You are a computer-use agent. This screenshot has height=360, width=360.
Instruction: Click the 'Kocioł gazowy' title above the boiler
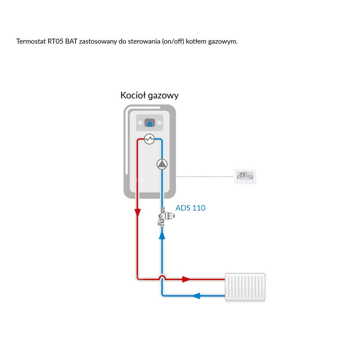[x=149, y=96]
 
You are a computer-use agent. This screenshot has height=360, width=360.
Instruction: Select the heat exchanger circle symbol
[x=149, y=139]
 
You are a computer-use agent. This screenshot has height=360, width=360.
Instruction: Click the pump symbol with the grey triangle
[x=162, y=164]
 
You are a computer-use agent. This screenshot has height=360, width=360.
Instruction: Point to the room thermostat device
[x=245, y=176]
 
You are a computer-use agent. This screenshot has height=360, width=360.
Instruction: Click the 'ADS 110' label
[x=190, y=208]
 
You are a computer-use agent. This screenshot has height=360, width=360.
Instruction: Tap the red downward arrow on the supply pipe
[x=138, y=213]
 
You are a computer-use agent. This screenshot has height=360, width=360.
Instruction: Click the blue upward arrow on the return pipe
[x=162, y=235]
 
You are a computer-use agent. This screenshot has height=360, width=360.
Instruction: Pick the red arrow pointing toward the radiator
[x=186, y=279]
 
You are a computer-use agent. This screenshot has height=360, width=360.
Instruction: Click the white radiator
[x=245, y=287]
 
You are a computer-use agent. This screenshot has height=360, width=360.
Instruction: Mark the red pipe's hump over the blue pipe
[x=162, y=276]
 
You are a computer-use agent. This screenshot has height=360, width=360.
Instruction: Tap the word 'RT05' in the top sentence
[x=55, y=41]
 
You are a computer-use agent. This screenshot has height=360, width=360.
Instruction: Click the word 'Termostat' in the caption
[x=31, y=41]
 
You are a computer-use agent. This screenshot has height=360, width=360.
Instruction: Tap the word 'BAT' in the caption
[x=71, y=41]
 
